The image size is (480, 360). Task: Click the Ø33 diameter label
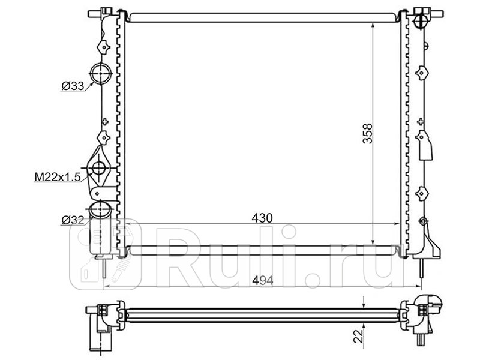[73, 86]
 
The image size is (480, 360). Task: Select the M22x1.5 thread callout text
[57, 176]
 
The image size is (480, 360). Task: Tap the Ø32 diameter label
[73, 220]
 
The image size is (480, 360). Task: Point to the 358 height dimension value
[367, 133]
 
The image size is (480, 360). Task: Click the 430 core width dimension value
[262, 218]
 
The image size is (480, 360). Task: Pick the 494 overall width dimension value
[262, 280]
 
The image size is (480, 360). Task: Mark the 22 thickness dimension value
[358, 336]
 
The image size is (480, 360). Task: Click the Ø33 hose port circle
[101, 73]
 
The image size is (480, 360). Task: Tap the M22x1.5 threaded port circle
[99, 168]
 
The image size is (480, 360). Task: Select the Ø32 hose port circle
[100, 209]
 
